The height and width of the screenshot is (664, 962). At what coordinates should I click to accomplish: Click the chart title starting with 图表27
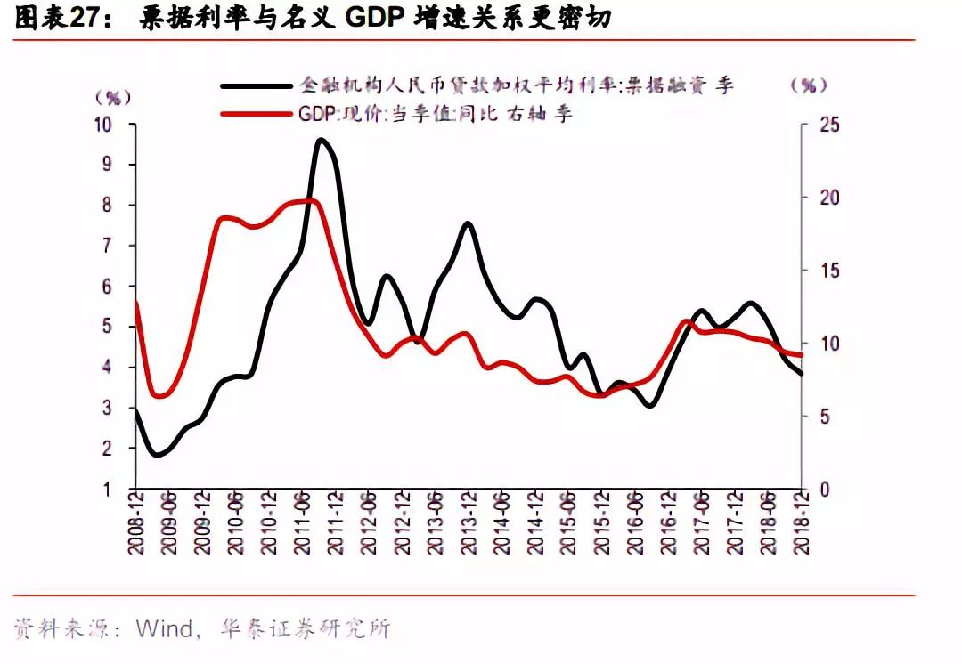[312, 19]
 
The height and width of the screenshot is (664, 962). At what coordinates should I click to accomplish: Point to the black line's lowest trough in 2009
[158, 455]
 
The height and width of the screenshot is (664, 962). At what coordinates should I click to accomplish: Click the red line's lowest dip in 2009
[160, 395]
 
